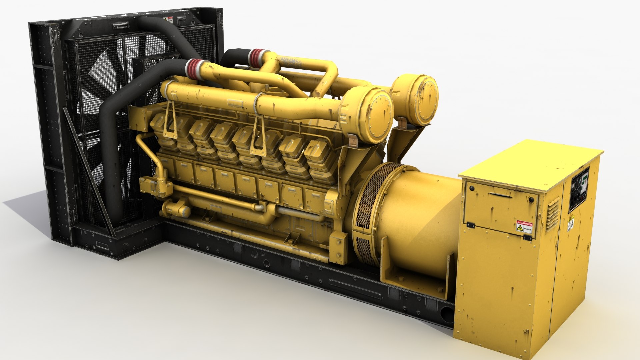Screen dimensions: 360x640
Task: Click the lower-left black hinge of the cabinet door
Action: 471,225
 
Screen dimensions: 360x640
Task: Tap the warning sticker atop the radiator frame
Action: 170,20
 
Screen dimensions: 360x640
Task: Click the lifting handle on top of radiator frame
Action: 120,25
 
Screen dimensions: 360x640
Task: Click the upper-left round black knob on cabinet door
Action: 472,188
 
